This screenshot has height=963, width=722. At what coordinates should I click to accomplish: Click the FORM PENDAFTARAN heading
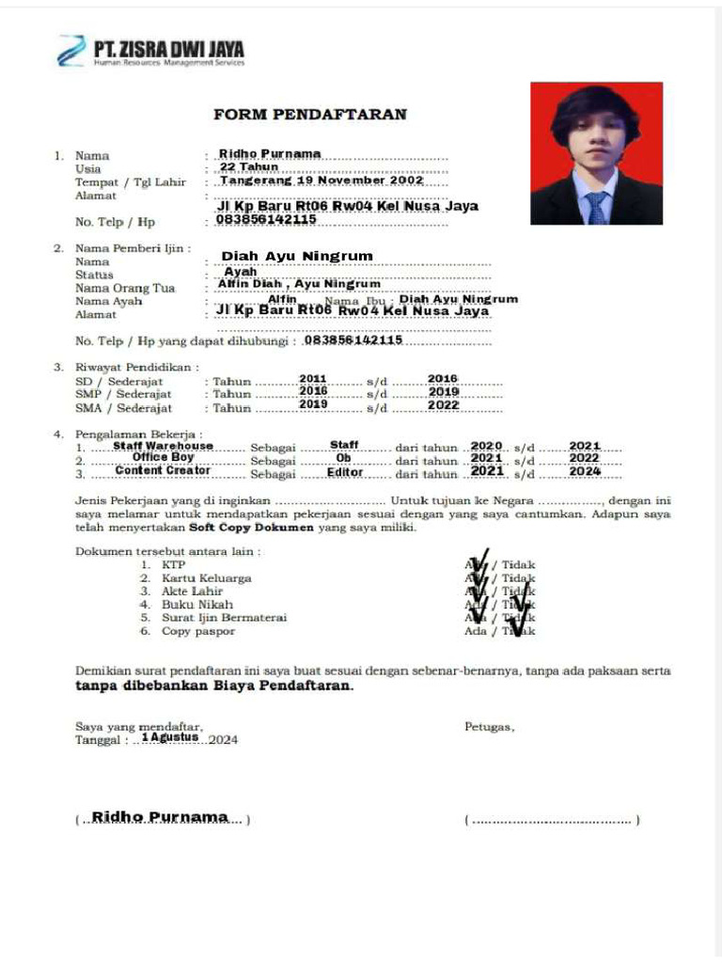tap(310, 115)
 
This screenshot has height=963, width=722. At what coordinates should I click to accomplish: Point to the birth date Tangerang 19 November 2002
tap(322, 181)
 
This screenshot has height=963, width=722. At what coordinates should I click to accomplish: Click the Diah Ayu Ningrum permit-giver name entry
tap(297, 256)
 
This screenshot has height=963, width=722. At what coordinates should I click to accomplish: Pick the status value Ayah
tap(241, 272)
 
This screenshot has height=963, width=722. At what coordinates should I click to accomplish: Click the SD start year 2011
tap(313, 378)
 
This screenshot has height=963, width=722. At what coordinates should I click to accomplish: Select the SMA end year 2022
tap(443, 405)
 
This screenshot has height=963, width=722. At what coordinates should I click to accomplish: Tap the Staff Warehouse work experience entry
tap(164, 446)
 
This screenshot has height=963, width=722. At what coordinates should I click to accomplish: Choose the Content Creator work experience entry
tap(163, 470)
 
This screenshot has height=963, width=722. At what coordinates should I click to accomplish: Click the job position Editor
tap(345, 472)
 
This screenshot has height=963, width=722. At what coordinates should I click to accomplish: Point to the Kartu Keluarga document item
tap(206, 578)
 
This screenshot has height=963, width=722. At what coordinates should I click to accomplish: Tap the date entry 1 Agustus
tap(170, 738)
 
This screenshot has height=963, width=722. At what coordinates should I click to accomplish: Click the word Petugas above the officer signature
tap(489, 727)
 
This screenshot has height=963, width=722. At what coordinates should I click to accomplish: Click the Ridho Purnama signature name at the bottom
tap(160, 817)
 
